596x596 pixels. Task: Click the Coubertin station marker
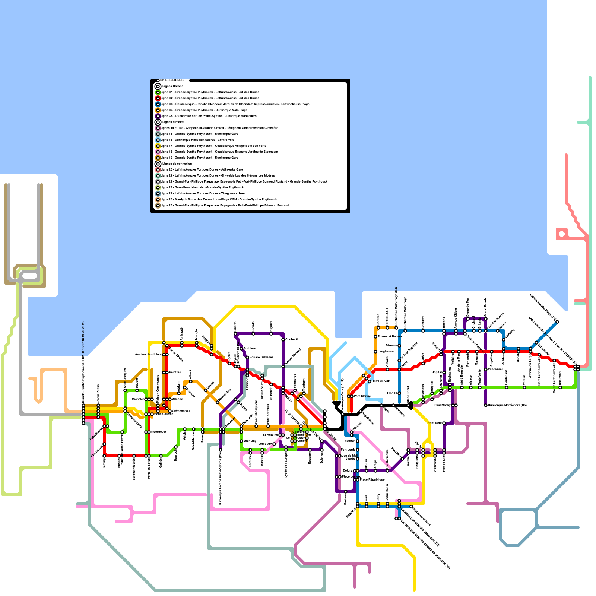[x=283, y=340]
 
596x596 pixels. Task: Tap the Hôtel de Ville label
[x=381, y=381]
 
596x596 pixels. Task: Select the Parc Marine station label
[x=362, y=396]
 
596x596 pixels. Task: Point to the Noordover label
[x=159, y=432]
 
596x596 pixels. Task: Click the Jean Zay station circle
[x=241, y=441]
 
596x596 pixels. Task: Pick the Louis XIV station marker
[x=274, y=444]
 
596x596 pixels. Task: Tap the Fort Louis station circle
[x=358, y=450]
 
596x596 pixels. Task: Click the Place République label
[x=372, y=479]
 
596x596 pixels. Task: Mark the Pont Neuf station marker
[x=444, y=423]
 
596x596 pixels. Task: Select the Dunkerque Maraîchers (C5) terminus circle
[x=486, y=405]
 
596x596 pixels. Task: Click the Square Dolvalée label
[x=261, y=357]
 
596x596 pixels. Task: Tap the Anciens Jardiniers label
[x=148, y=354]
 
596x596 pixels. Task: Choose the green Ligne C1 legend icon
[x=158, y=92]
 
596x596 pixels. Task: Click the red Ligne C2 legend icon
[x=158, y=98]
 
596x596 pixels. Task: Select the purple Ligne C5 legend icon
[x=158, y=116]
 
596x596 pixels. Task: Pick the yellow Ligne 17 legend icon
[x=158, y=146]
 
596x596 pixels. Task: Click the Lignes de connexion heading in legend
[x=177, y=164]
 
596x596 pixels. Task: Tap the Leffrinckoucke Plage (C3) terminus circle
[x=557, y=322]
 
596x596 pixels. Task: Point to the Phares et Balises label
[x=390, y=336]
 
